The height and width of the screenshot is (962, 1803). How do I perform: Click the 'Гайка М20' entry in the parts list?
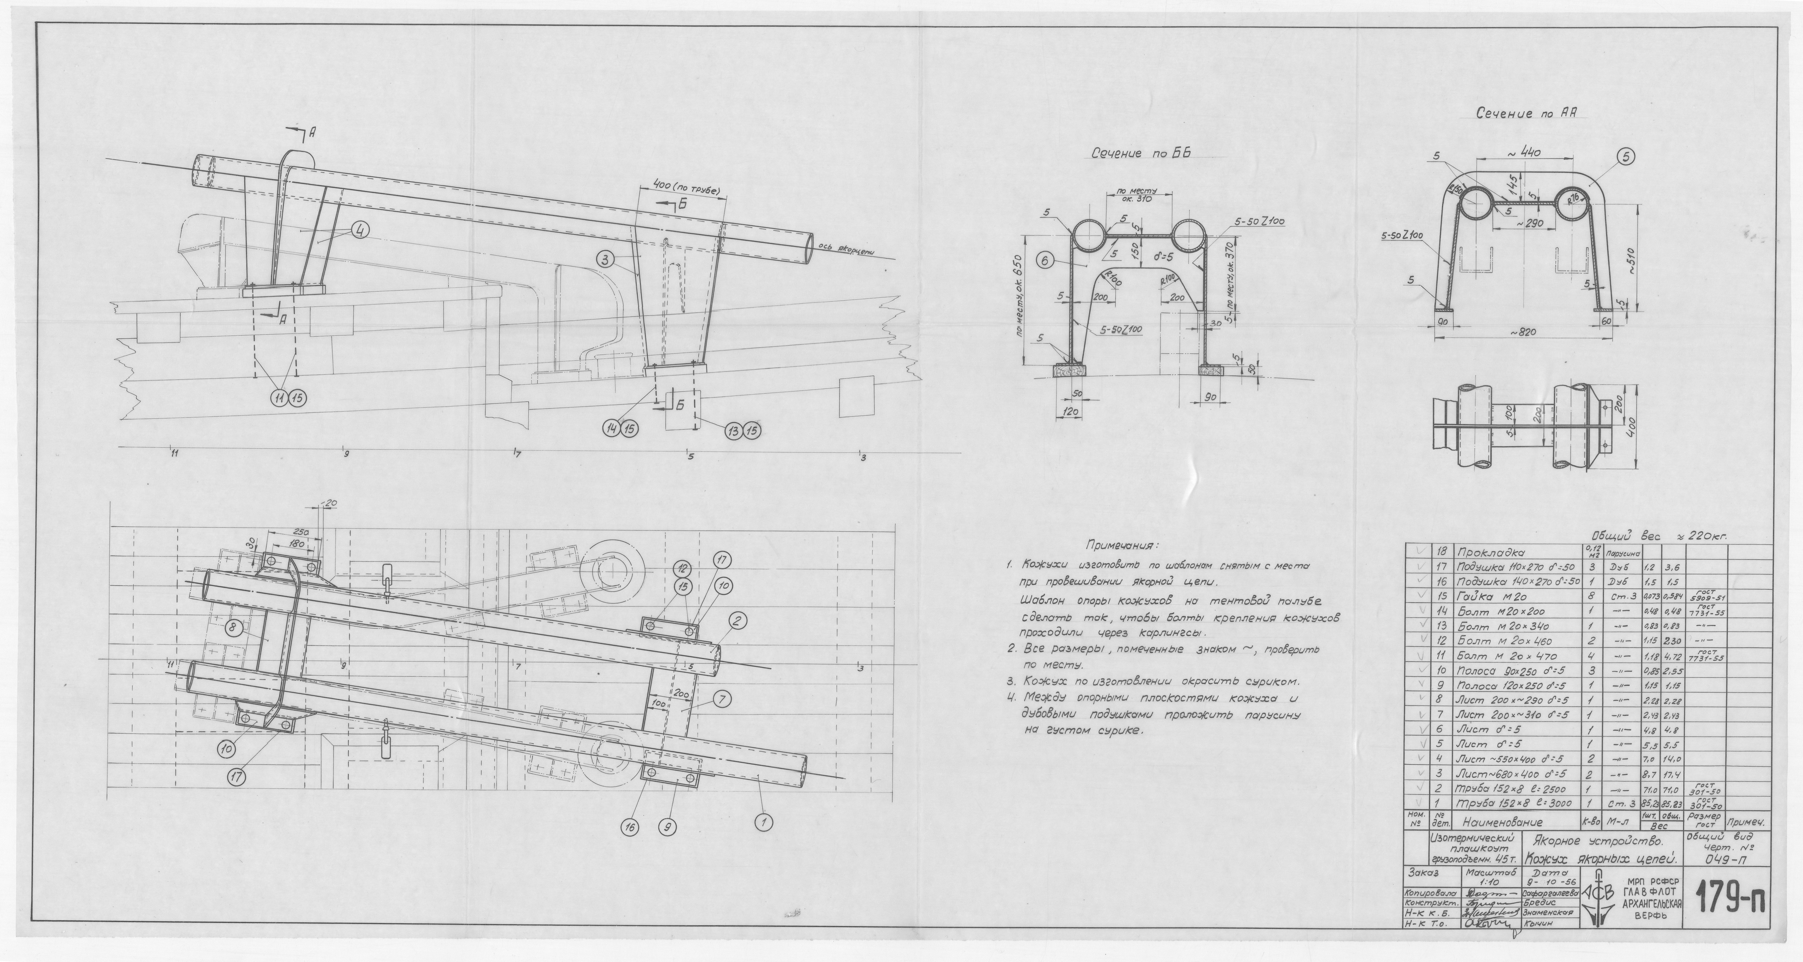[x=1488, y=597]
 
